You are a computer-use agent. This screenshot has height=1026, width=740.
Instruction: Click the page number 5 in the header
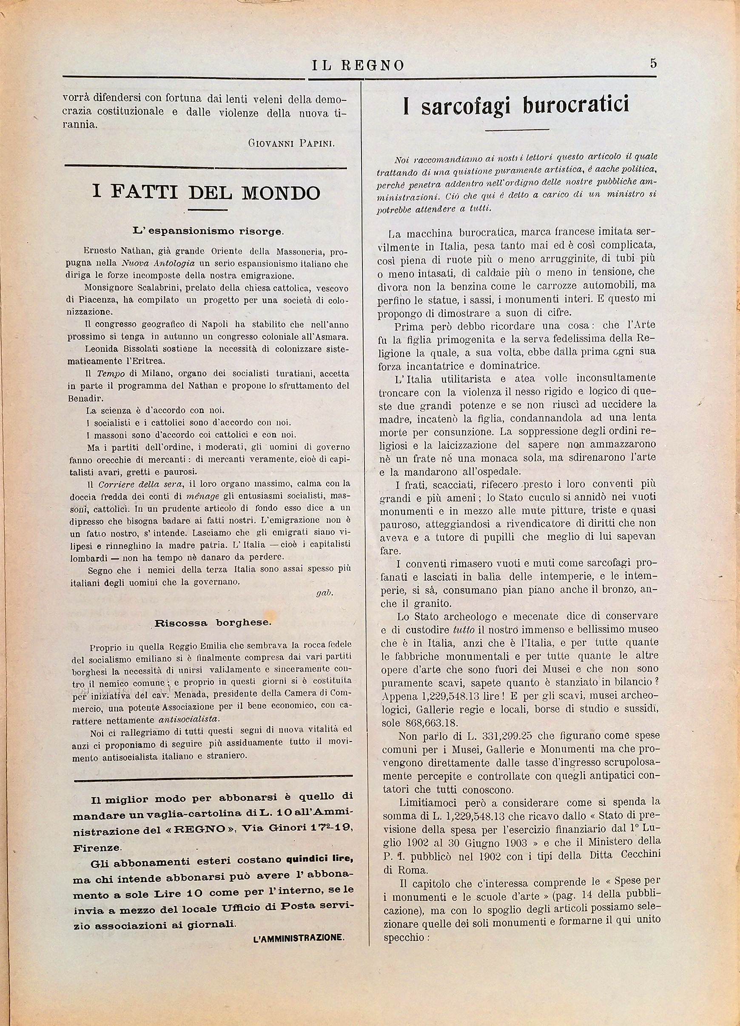pyautogui.click(x=653, y=63)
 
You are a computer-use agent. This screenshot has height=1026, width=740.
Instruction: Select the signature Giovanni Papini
pyautogui.click(x=291, y=144)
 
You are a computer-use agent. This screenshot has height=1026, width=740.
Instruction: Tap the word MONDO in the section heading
pyautogui.click(x=281, y=193)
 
